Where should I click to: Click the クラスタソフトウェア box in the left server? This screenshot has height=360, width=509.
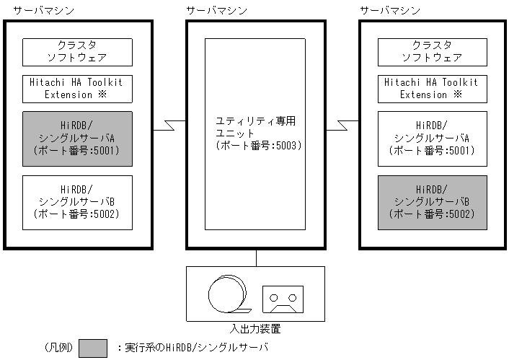(x=77, y=51)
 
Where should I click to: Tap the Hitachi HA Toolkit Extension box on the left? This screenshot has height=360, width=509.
(x=77, y=88)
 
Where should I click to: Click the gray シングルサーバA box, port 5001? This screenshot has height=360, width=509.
(x=77, y=139)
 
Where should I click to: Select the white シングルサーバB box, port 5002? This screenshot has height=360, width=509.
(x=77, y=202)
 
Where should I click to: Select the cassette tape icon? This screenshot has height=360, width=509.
(x=283, y=297)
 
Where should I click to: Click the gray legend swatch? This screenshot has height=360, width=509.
(x=93, y=348)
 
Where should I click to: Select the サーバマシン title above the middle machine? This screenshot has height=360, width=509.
(x=216, y=10)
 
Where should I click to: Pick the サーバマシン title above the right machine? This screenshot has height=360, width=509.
(x=390, y=10)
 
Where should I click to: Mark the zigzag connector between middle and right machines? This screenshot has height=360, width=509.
(x=342, y=126)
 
